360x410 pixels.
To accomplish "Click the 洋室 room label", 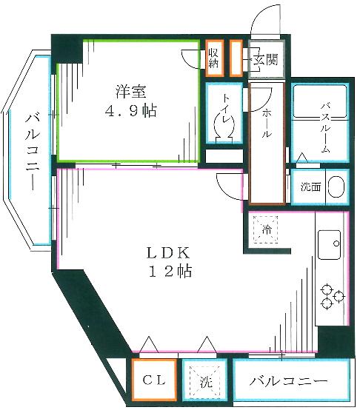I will coord(130,92).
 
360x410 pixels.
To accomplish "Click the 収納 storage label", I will coord(213,58).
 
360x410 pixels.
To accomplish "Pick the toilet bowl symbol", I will coord(224,130).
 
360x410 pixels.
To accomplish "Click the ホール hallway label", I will coord(267,122).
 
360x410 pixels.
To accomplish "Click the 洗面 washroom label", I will coord(310,186).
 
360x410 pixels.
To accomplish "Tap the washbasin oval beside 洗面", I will coord(336,186).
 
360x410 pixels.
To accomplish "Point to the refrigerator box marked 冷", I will coord(265,229).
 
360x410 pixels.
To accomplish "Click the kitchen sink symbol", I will coord(330,242).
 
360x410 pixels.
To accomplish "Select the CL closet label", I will coord(154,382).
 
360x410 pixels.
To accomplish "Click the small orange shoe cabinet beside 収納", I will coord(236,58).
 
